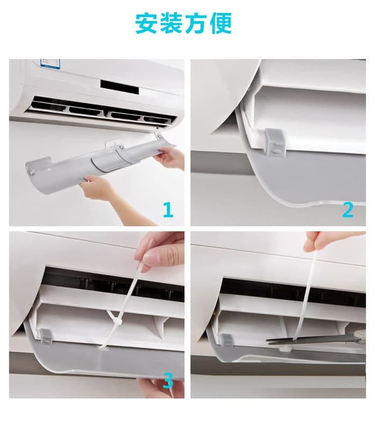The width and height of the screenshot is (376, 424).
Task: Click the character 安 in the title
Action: pos(146,23)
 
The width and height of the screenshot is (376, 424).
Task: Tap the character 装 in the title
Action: pos(171,23)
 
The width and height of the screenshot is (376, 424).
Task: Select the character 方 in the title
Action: pos(196,23)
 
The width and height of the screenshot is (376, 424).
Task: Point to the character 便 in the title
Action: pos(221,23)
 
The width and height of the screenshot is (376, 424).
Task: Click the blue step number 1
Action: pos(168,210)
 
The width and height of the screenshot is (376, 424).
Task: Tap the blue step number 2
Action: pos(348,210)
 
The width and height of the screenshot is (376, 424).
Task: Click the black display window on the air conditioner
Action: pos(120,87)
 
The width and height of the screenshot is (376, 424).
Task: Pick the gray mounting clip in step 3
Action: pos(46,337)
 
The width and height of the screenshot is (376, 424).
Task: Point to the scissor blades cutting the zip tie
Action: pos(298,340)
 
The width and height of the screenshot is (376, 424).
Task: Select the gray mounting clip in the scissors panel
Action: pos(226,341)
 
